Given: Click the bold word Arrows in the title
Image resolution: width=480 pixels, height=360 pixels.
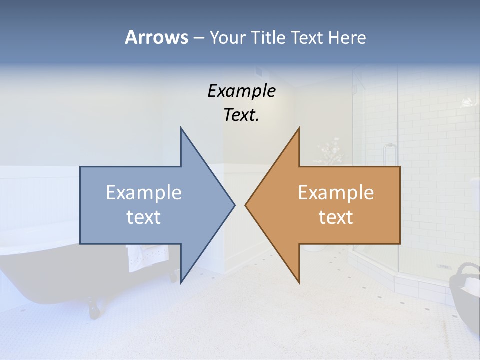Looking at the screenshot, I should tap(156, 37).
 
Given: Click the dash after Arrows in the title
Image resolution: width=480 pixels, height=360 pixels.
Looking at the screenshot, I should tap(198, 38).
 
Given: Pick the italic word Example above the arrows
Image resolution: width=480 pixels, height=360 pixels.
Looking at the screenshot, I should tap(241, 91).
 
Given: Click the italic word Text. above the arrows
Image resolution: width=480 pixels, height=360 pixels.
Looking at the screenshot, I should tap(241, 115).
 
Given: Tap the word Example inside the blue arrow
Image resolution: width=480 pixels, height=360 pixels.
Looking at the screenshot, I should tap(144, 192).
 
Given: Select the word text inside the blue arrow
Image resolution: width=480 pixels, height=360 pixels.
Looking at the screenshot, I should tap(144, 217).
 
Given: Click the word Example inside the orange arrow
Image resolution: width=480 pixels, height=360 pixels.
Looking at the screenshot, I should tap(336, 192).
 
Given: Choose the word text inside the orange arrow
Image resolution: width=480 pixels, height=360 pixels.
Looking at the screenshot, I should tap(336, 217).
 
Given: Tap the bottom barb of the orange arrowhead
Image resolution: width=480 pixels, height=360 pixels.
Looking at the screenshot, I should tap(298, 280).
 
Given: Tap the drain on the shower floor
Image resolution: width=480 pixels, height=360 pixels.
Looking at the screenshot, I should tap(443, 267).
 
